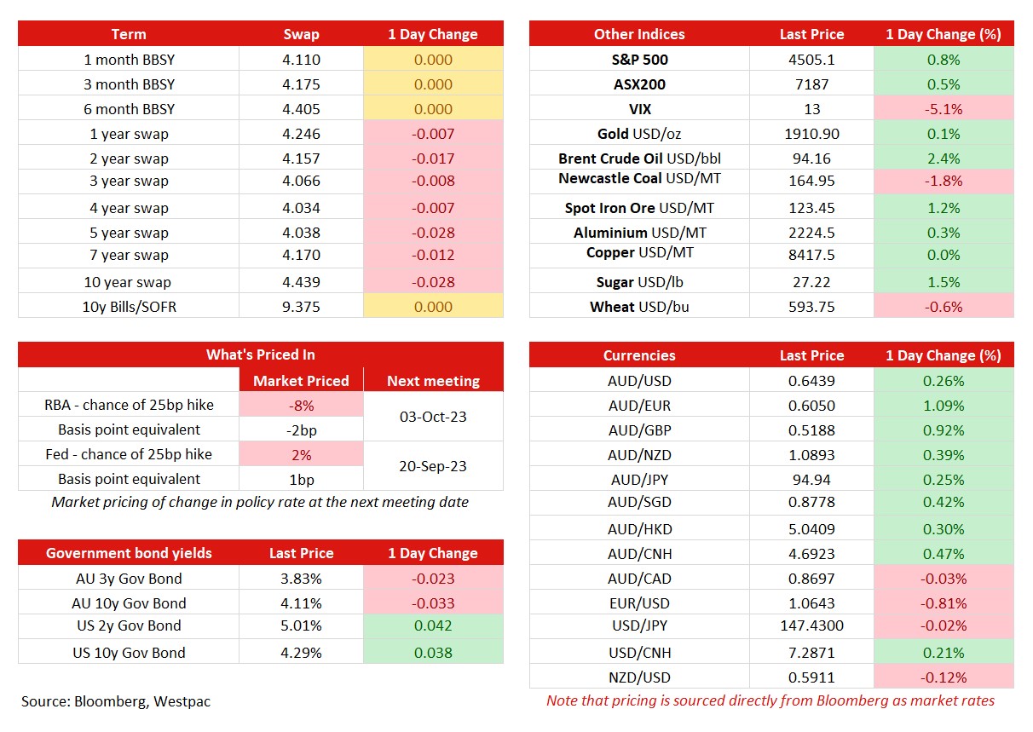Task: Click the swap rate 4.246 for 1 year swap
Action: pos(301,134)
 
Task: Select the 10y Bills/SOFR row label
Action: pos(130,307)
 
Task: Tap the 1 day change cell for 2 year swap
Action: pos(433,159)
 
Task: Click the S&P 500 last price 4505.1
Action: pos(811,60)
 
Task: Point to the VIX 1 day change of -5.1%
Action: pos(944,109)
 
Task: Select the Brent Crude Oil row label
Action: pos(639,159)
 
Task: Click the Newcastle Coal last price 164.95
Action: pos(811,181)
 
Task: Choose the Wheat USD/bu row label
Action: pos(639,307)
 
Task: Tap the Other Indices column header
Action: pos(639,34)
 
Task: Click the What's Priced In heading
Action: pos(261,354)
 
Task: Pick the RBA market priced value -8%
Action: pos(301,406)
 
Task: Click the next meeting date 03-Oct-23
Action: pos(433,417)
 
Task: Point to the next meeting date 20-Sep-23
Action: pos(433,466)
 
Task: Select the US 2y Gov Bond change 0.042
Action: pos(433,625)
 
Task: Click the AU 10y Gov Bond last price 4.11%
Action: pos(301,603)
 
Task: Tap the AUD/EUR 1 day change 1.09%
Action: pos(944,406)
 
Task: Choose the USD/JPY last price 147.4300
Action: pos(811,625)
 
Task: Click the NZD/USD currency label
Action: pos(639,677)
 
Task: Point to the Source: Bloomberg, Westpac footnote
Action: pos(116,701)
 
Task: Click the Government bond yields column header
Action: pos(129,553)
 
